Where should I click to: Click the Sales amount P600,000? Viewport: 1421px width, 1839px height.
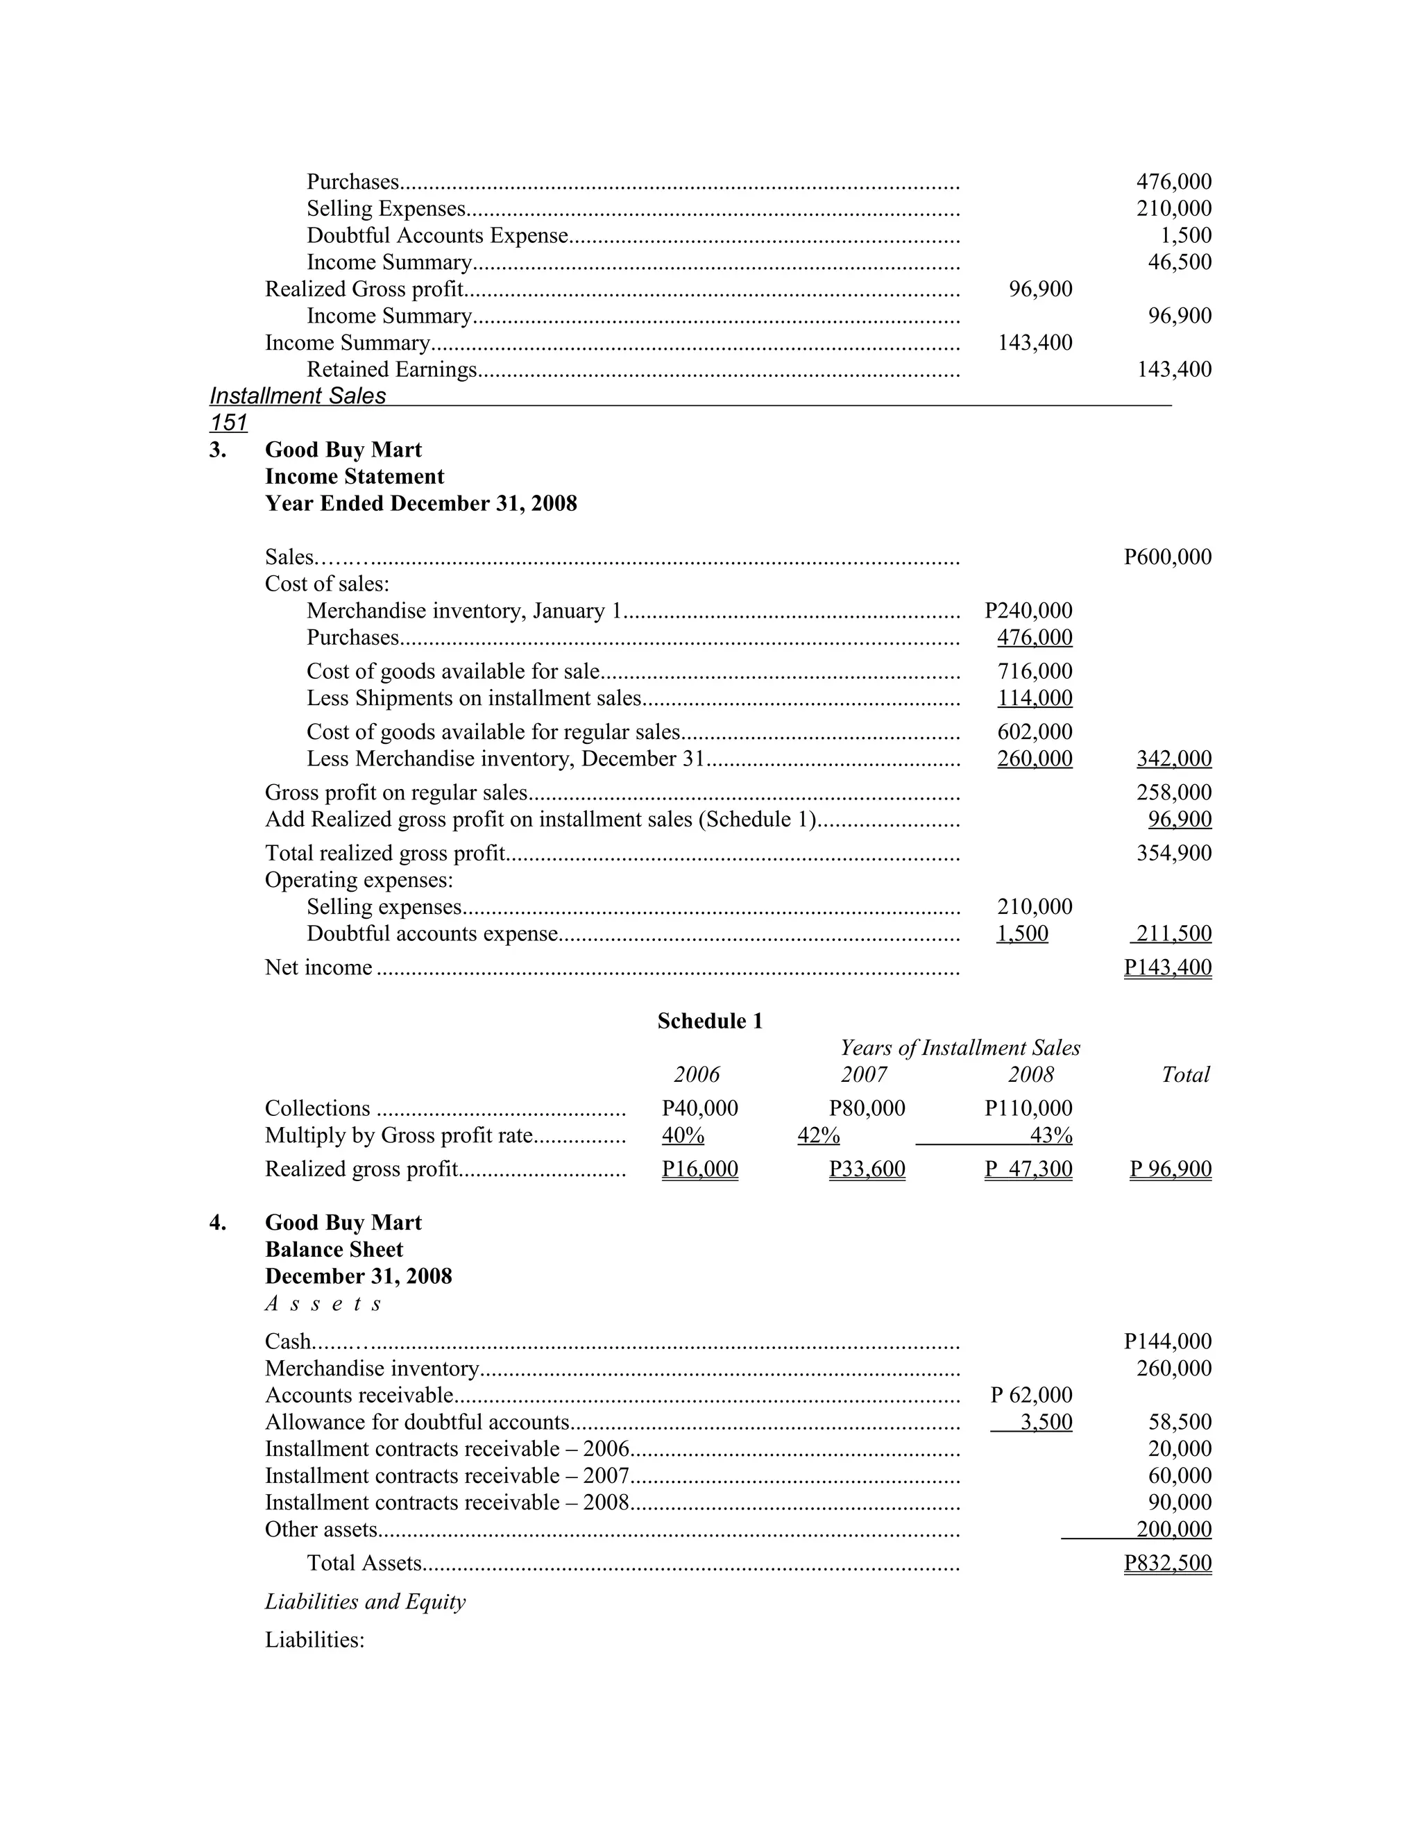(1167, 557)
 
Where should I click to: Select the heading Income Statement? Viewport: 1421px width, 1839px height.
(355, 477)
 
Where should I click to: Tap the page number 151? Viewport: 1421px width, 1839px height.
(228, 423)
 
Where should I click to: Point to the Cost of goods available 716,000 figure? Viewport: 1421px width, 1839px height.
(1035, 671)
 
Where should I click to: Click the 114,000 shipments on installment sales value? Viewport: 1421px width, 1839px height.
(1035, 698)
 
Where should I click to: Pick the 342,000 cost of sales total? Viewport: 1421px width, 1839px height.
(1173, 759)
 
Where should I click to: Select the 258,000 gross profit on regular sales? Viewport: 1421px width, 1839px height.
(1173, 793)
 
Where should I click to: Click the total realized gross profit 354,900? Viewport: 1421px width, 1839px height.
(1173, 853)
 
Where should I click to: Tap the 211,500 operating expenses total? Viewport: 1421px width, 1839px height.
(1173, 934)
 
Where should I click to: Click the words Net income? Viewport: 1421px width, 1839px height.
(318, 967)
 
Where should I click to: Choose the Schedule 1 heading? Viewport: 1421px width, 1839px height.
(710, 1022)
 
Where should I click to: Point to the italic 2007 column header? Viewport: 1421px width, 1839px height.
(864, 1074)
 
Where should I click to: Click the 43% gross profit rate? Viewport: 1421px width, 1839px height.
(1051, 1136)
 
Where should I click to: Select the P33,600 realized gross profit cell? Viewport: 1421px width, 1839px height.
(867, 1169)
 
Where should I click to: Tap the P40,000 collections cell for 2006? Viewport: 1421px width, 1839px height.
(699, 1109)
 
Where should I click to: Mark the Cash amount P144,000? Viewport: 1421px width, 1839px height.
(1167, 1341)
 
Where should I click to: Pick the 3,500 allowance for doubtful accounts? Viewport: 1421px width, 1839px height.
(1046, 1422)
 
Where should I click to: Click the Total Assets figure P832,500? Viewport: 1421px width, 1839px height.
(1167, 1563)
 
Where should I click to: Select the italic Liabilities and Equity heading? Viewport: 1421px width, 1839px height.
(364, 1602)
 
